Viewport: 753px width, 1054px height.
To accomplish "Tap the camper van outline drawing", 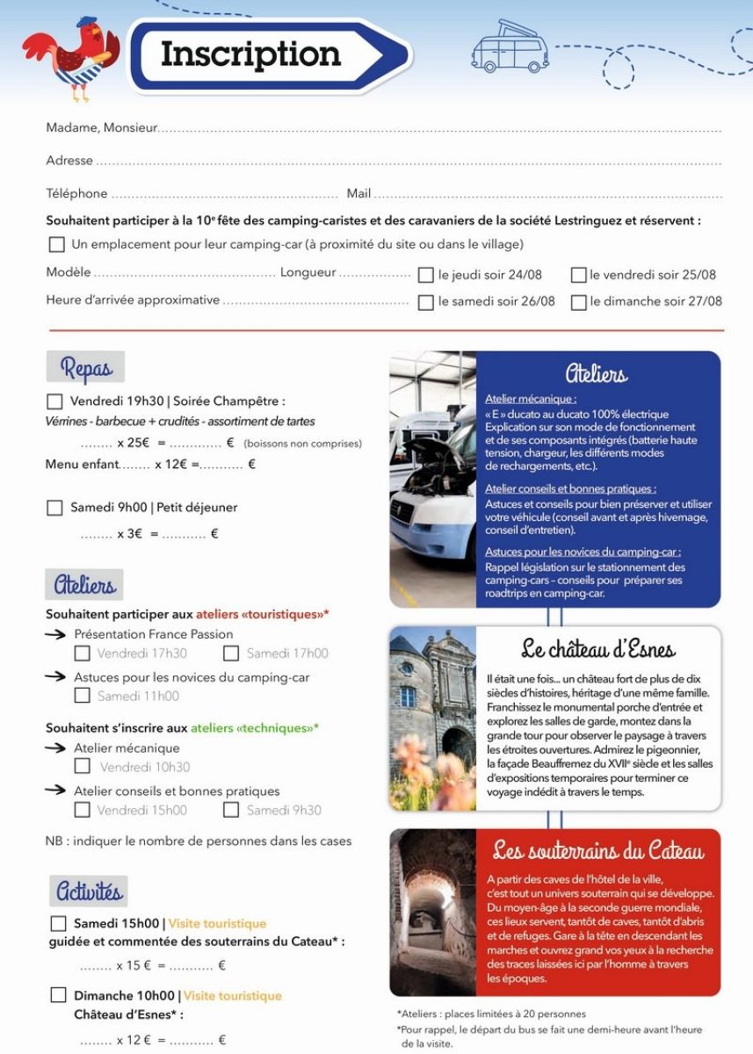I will click(510, 48).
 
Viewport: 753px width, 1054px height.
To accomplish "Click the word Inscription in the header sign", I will click(250, 54).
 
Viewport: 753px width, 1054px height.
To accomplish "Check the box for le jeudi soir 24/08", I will click(426, 275).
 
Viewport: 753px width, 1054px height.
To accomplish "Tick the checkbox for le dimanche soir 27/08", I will click(579, 302).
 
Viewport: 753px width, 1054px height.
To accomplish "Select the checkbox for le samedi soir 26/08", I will click(426, 302).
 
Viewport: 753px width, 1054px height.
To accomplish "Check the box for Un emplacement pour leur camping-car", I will click(57, 244).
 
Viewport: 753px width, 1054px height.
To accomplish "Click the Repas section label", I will click(85, 367).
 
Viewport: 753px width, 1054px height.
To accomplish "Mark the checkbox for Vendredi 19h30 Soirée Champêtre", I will click(54, 401).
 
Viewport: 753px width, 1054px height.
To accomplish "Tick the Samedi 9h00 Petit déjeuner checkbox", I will click(54, 508).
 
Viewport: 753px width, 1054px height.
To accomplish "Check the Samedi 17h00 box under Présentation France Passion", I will click(231, 653).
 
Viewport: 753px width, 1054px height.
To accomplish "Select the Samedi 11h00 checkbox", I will click(83, 696).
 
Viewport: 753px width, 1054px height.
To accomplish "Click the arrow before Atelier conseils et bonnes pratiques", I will click(56, 790).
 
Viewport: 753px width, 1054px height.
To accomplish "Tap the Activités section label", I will click(89, 892).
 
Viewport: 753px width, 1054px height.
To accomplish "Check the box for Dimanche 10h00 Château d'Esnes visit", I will click(59, 995).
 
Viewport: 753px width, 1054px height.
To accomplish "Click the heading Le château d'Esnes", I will click(598, 650).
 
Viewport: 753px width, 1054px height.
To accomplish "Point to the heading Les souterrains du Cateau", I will click(598, 850).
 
